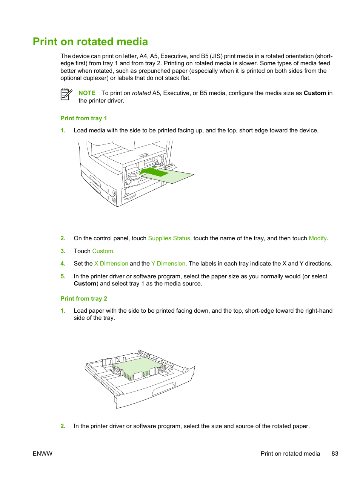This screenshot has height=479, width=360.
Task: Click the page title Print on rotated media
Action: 90,41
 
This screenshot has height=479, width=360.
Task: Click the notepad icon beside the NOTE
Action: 66,94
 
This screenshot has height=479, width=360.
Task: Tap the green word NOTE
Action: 87,93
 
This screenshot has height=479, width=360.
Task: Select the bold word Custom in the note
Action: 314,93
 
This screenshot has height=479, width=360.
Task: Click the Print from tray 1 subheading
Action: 83,118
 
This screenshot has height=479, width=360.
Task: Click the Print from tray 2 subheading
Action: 83,299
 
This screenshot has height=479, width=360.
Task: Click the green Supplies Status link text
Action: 169,238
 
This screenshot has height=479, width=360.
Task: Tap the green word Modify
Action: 317,238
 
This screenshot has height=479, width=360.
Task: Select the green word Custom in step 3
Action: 103,251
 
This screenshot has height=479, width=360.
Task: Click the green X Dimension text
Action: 111,264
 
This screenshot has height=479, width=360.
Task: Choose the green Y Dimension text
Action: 168,264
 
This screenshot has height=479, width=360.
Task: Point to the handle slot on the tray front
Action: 164,389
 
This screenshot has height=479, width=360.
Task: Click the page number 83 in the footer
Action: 335,454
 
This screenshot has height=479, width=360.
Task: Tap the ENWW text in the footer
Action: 43,454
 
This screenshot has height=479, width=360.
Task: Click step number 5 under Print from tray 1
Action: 63,276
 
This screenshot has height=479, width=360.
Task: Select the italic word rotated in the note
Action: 141,93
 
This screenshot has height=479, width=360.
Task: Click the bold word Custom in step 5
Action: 85,284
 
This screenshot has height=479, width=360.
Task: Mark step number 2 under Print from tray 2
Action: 63,426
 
